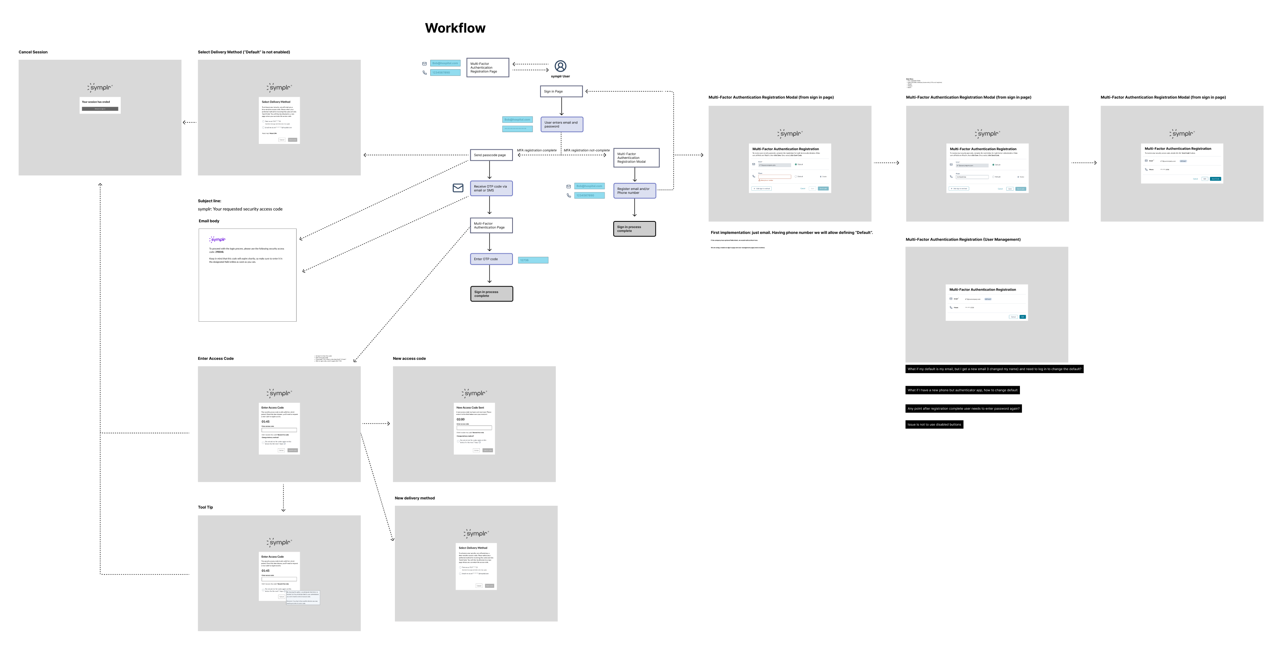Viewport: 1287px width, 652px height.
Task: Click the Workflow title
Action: coord(455,28)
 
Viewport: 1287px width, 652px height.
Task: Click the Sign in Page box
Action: coord(561,92)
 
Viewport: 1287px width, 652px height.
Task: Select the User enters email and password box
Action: coord(562,124)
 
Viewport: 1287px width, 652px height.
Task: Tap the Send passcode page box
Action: coord(490,155)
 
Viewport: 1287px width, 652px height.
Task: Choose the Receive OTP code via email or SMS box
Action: coord(490,188)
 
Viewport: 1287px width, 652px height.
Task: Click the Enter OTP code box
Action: coord(490,259)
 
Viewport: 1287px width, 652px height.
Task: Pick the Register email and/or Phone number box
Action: coord(634,191)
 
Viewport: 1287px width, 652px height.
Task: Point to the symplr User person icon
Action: coord(561,66)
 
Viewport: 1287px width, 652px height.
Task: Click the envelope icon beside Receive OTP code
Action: coord(457,188)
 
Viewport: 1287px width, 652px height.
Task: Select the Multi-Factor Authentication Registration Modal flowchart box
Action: coord(636,158)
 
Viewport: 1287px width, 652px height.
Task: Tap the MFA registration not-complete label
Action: coord(586,150)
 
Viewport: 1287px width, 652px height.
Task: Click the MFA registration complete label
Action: coord(537,150)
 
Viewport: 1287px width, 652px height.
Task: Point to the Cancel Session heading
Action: coord(33,52)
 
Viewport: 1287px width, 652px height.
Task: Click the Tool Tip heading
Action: coord(205,507)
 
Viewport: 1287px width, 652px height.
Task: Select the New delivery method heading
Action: coord(415,498)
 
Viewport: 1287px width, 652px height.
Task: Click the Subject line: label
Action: coord(209,201)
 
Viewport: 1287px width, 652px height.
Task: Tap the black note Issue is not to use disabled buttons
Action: coord(934,425)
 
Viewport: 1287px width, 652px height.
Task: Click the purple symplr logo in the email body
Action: coord(218,239)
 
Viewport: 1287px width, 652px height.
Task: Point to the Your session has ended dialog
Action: coord(100,105)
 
